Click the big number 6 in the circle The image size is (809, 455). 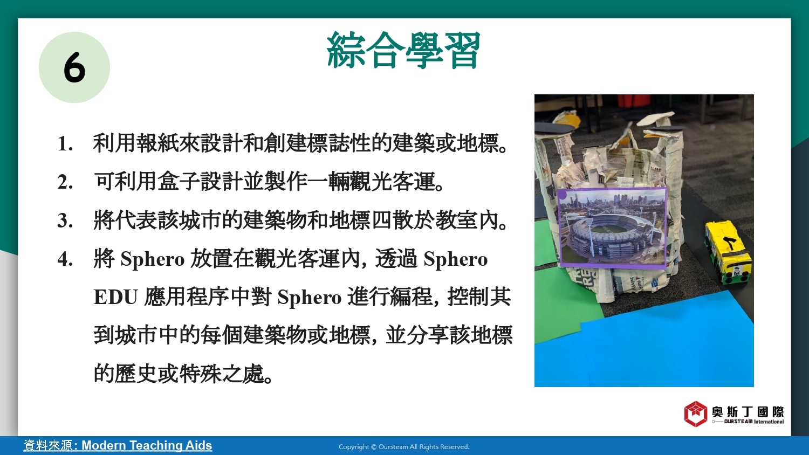coord(74,67)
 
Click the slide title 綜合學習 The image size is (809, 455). coord(403,50)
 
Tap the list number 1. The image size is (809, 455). coord(65,144)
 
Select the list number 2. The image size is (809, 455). coord(65,182)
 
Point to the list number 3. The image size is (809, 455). coord(65,220)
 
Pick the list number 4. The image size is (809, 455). coord(65,259)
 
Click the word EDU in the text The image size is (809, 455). coord(115,297)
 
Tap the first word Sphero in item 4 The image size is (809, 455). coord(153,259)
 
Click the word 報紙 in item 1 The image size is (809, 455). coord(157,143)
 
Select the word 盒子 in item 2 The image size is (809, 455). coord(179,181)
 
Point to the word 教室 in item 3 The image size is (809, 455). coord(457,220)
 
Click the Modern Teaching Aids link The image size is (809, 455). coord(147,445)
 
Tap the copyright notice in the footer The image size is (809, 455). coord(404,447)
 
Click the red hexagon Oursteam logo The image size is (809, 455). coord(696,414)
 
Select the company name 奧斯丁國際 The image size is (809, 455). coord(748,412)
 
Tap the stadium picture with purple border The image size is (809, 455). coord(612,227)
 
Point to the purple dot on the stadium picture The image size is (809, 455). coord(563,195)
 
